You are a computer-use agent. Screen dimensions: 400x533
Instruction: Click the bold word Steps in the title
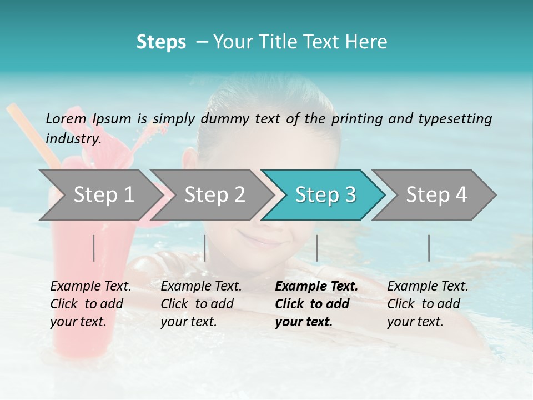[161, 42]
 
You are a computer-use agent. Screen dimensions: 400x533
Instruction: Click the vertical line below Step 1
[94, 248]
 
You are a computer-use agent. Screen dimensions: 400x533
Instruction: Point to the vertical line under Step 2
[205, 248]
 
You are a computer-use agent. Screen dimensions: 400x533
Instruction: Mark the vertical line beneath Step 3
[316, 248]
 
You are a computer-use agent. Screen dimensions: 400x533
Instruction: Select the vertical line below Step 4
[429, 248]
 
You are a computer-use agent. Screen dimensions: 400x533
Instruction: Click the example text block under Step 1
[90, 304]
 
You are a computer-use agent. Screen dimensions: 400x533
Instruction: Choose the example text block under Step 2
[201, 304]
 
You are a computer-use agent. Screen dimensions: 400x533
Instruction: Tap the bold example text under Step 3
[316, 304]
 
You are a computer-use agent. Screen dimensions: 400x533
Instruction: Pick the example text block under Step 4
[428, 304]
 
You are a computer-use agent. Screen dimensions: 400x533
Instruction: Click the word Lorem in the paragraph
[66, 118]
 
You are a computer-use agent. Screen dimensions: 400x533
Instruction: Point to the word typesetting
[455, 118]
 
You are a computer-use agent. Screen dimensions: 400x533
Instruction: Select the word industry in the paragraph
[73, 138]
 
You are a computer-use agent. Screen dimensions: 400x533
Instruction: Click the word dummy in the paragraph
[226, 118]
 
